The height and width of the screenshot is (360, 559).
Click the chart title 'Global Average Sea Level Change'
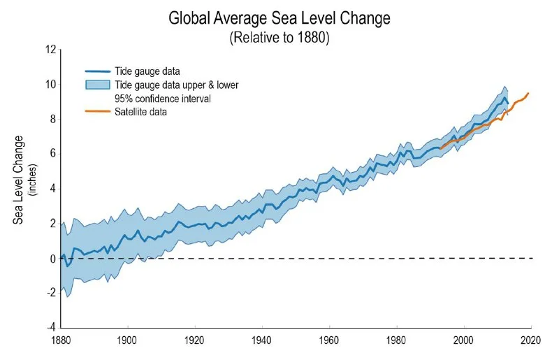click(279, 17)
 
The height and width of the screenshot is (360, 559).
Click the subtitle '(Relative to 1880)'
click(279, 37)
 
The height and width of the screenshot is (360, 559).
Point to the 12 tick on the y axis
click(50, 50)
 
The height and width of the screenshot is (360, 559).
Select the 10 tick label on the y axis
click(50, 85)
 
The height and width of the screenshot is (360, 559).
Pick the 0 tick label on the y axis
click(52, 259)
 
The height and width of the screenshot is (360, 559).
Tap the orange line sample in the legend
click(98, 111)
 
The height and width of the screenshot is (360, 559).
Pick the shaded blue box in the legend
click(98, 85)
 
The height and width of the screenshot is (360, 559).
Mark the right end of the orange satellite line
click(528, 93)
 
